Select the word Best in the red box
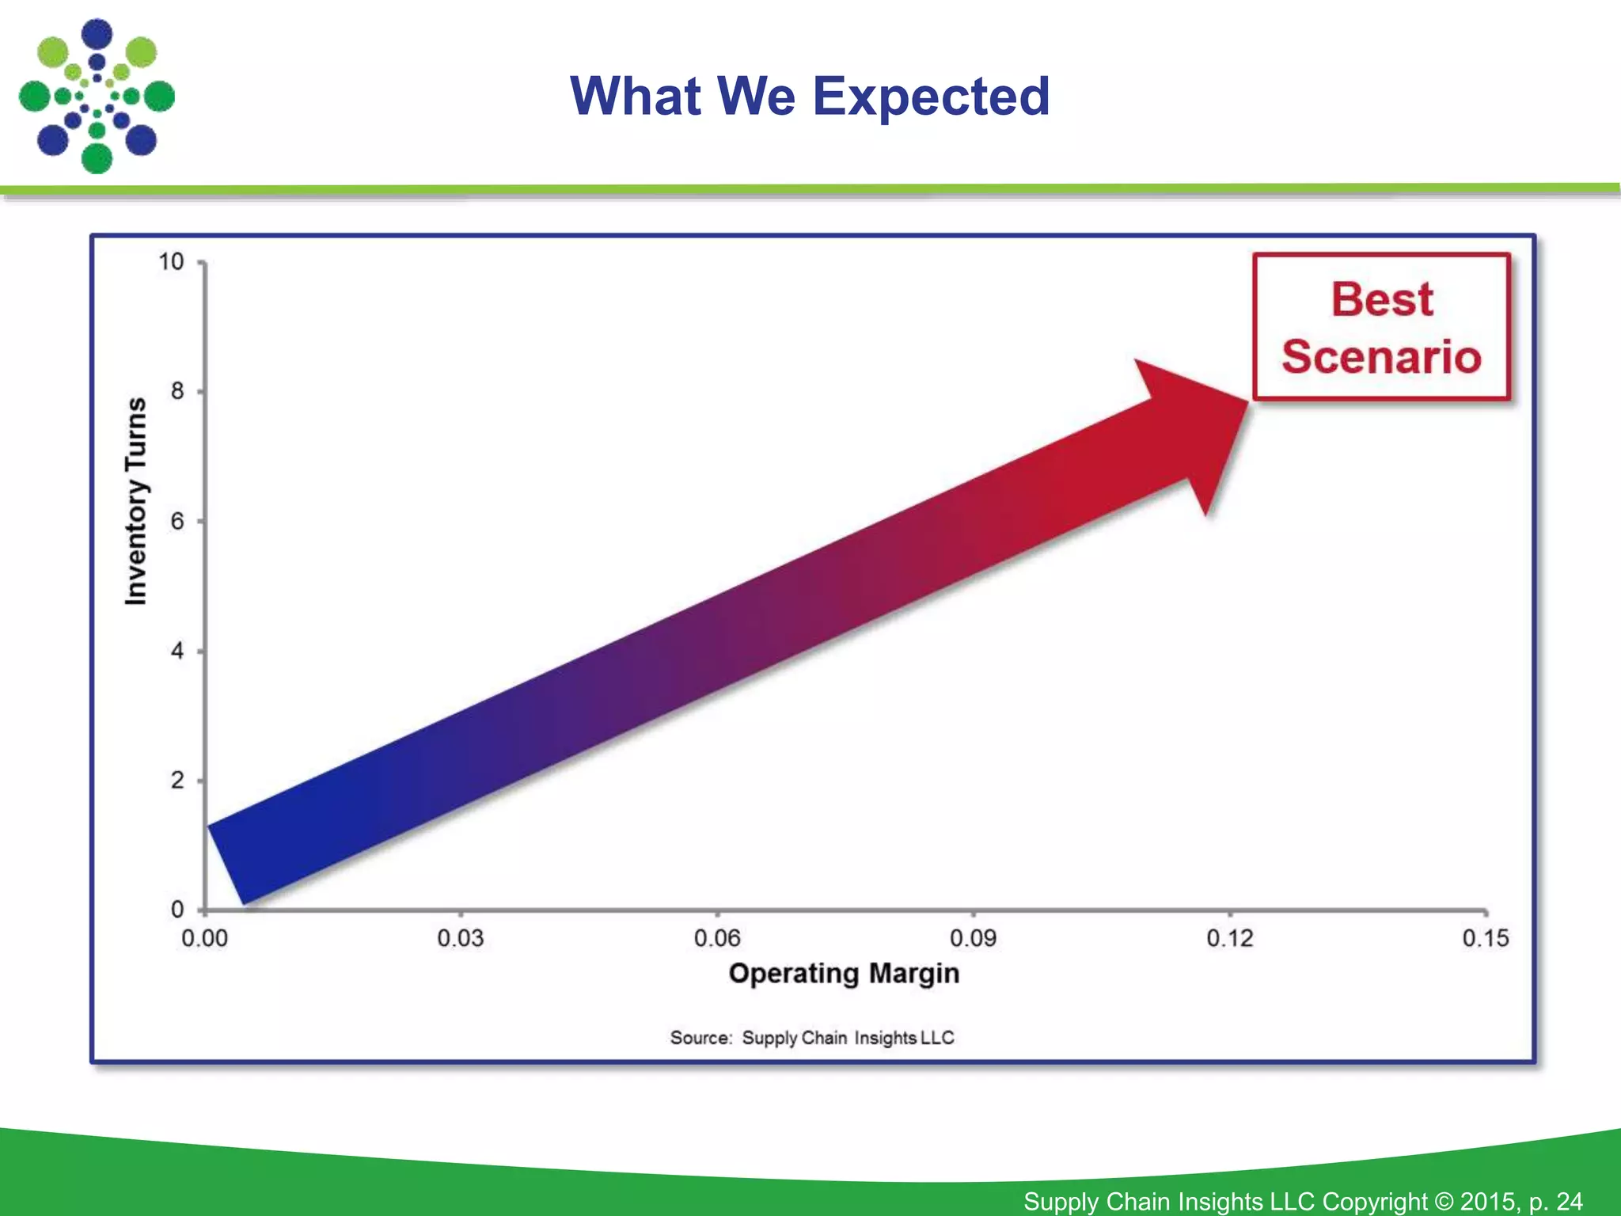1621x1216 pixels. tap(1381, 299)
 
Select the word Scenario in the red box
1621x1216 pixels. tap(1381, 357)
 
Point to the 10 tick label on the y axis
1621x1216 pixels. tap(171, 262)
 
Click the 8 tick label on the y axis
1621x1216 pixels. tap(177, 391)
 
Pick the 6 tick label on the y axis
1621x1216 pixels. tap(177, 521)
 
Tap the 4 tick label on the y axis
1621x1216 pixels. tap(177, 651)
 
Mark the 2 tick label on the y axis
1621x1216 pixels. tap(177, 781)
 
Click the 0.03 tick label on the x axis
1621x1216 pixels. tap(461, 939)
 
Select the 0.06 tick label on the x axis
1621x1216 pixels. tap(717, 939)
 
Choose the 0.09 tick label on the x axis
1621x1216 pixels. tap(973, 939)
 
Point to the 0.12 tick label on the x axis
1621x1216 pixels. tap(1229, 939)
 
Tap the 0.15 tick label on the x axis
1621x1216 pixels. tap(1486, 939)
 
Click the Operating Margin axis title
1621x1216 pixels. tap(844, 974)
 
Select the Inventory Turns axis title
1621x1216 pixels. tap(136, 502)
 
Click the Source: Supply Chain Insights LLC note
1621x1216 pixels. tap(812, 1038)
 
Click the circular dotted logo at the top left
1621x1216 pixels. tap(97, 97)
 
